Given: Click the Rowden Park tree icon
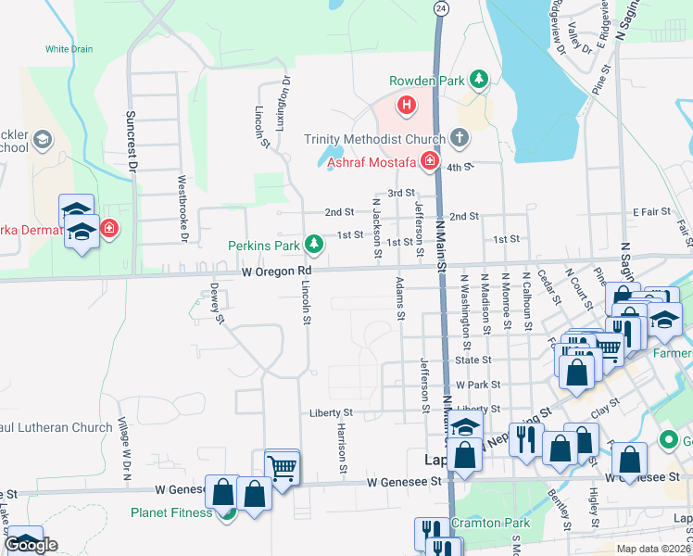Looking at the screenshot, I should [478, 81].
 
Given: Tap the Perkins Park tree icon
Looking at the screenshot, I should [315, 245].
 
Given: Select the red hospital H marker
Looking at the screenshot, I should [406, 106].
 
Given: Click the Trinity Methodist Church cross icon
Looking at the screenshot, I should [460, 139].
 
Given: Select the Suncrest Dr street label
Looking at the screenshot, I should [132, 145].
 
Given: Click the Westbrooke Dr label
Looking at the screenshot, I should [183, 210].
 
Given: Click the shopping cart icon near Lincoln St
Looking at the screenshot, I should [282, 466].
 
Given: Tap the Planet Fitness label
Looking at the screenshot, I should [170, 512].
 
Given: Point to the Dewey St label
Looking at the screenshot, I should [217, 303].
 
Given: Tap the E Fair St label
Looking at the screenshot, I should [651, 212].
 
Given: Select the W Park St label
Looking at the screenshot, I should [477, 384].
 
